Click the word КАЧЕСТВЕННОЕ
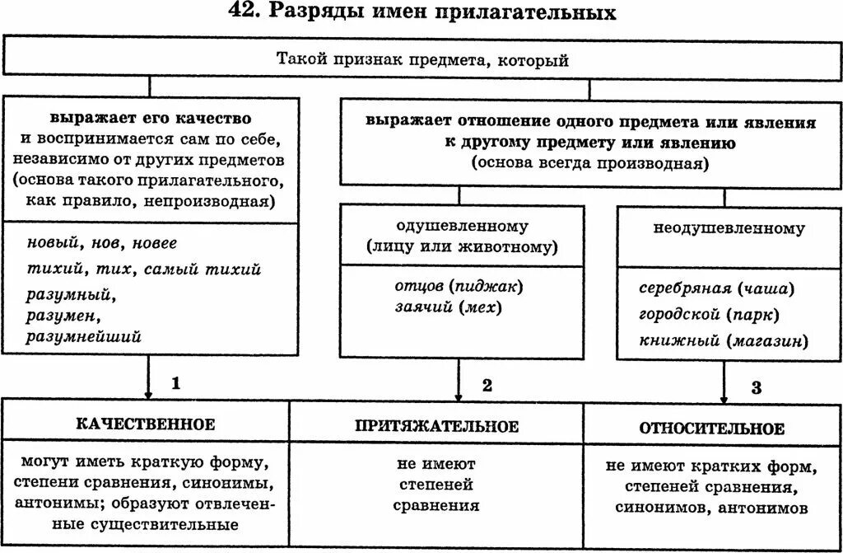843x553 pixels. coord(146,424)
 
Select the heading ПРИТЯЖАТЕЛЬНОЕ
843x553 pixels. coord(436,426)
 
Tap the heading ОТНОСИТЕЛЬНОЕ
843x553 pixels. coord(712,429)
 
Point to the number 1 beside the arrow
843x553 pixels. coord(175,383)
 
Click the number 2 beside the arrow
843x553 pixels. coord(487,385)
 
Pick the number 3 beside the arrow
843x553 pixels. coord(756,387)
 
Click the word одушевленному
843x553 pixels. coord(462,226)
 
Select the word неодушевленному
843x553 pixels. coord(729,228)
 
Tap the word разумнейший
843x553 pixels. coord(84,336)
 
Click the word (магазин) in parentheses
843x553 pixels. coord(766,340)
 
